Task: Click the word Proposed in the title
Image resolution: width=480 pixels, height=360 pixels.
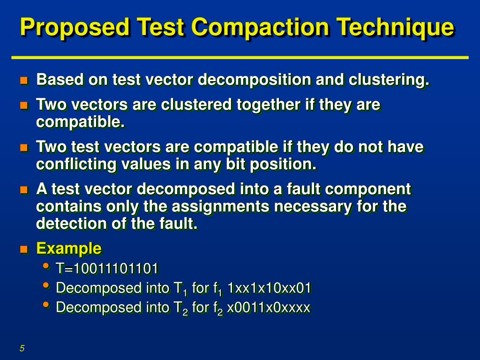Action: (75, 27)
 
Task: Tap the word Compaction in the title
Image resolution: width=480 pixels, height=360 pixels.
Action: (260, 27)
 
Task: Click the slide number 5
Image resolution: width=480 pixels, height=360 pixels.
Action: (22, 348)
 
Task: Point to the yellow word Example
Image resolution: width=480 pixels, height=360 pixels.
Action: (69, 248)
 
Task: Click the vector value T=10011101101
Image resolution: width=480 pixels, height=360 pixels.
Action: (107, 269)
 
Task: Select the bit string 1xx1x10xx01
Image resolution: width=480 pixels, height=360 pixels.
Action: (269, 288)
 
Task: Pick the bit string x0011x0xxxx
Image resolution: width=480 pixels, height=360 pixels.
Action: (269, 307)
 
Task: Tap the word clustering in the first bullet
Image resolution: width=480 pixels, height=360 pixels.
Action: (389, 80)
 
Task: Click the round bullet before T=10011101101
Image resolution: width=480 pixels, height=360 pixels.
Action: (45, 267)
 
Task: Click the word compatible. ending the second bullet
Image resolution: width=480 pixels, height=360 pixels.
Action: (81, 122)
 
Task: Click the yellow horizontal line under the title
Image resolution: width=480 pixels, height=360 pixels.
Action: (240, 57)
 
